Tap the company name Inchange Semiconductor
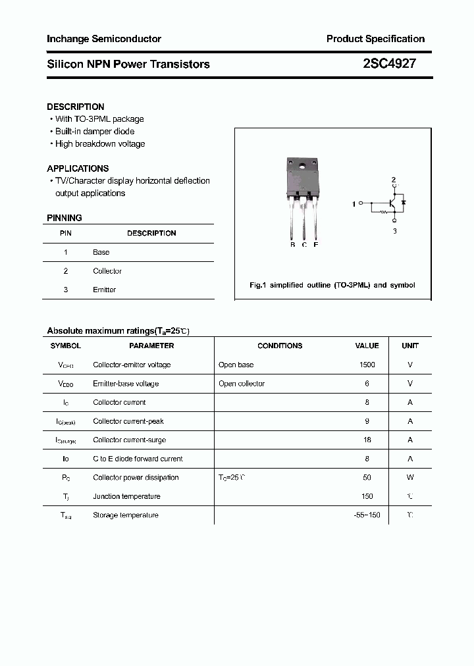(104, 39)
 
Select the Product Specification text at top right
(375, 39)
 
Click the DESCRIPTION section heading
(76, 107)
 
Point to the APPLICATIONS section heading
(78, 168)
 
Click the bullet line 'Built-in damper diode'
(95, 132)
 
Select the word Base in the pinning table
(101, 252)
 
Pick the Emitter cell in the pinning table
(105, 290)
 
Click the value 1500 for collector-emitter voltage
(367, 365)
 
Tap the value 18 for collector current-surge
(367, 440)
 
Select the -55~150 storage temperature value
(367, 515)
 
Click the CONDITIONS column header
(280, 346)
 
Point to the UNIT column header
(410, 346)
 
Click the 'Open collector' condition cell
(242, 384)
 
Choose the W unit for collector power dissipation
(410, 478)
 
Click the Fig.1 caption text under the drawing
(332, 286)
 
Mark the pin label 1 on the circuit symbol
(354, 204)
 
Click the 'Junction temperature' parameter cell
(126, 496)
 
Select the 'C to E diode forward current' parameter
(138, 459)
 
